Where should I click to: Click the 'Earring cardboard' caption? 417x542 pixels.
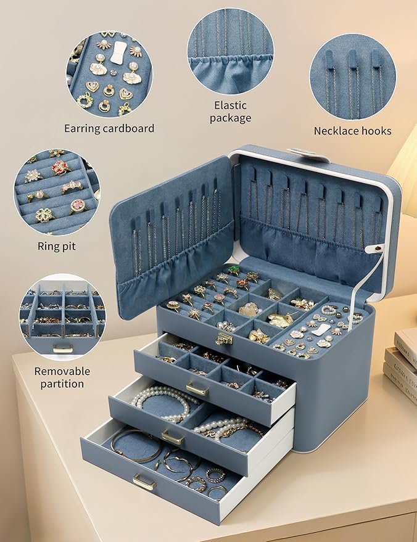tap(109, 128)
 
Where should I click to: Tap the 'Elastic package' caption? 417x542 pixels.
tap(230, 112)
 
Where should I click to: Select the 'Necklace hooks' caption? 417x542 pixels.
tap(352, 131)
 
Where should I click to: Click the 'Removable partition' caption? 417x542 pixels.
tap(62, 377)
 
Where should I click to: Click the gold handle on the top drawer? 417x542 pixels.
tap(197, 388)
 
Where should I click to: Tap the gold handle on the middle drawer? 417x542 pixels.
tap(173, 437)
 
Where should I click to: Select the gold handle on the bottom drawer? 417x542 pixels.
tap(144, 482)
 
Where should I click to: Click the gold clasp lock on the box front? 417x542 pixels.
tap(223, 339)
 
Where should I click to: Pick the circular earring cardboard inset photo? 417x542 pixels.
tap(109, 74)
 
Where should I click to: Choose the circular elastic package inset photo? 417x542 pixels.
tap(230, 51)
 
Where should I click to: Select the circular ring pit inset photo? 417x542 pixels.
tap(56, 192)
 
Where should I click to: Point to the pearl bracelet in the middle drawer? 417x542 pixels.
tap(163, 400)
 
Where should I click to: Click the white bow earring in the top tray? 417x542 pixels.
tap(321, 329)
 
